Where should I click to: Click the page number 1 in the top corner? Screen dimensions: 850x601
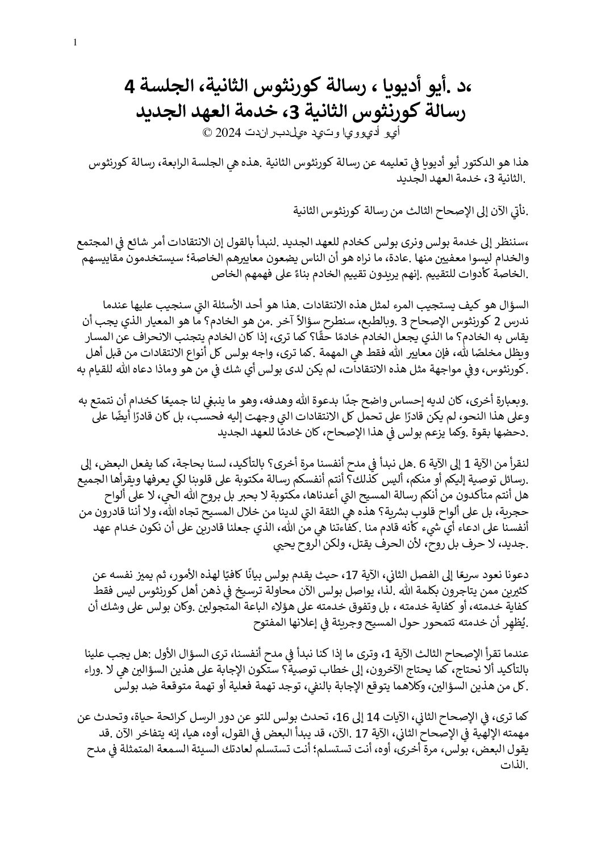pos(76,42)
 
